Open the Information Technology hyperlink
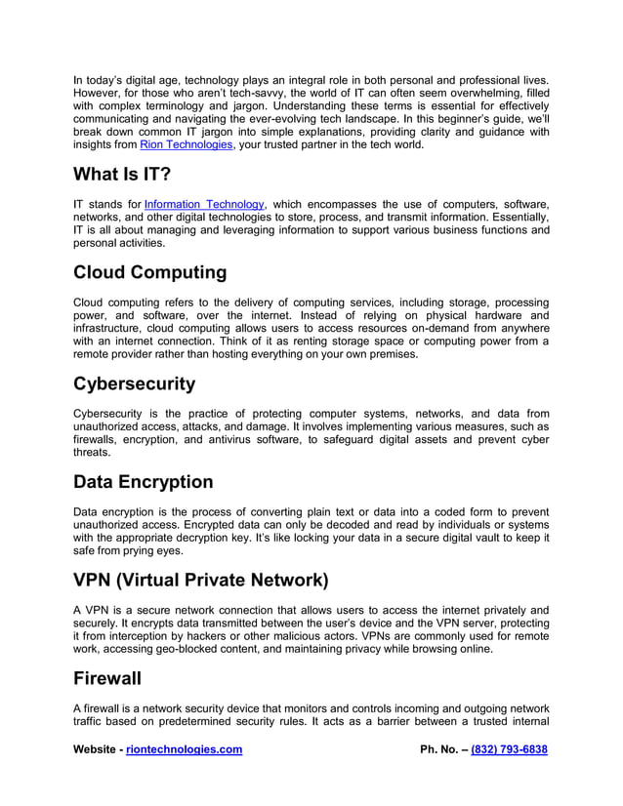(204, 203)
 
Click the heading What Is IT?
(123, 174)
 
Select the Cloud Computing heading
(150, 271)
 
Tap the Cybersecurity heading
(135, 383)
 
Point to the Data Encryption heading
(143, 482)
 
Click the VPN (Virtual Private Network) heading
(201, 580)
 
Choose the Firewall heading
(107, 677)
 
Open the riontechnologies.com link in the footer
(185, 749)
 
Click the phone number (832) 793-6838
(509, 749)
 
